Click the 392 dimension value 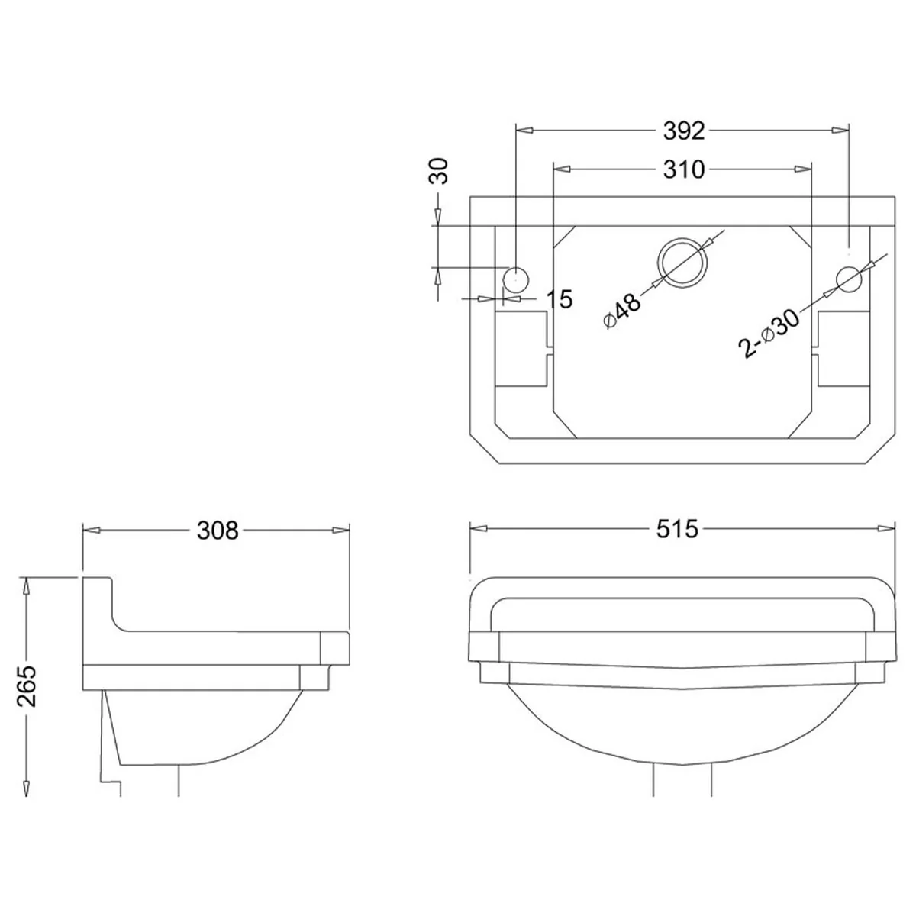pyautogui.click(x=683, y=131)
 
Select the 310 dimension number pyautogui.click(x=683, y=169)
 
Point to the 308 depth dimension pyautogui.click(x=218, y=531)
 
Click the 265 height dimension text pyautogui.click(x=27, y=686)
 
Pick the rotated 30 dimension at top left pyautogui.click(x=438, y=171)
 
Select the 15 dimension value pyautogui.click(x=560, y=299)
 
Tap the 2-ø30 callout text pyautogui.click(x=769, y=334)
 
